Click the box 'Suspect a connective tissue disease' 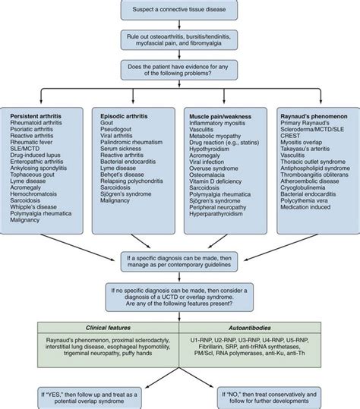180,10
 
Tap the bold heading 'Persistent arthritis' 36,115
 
